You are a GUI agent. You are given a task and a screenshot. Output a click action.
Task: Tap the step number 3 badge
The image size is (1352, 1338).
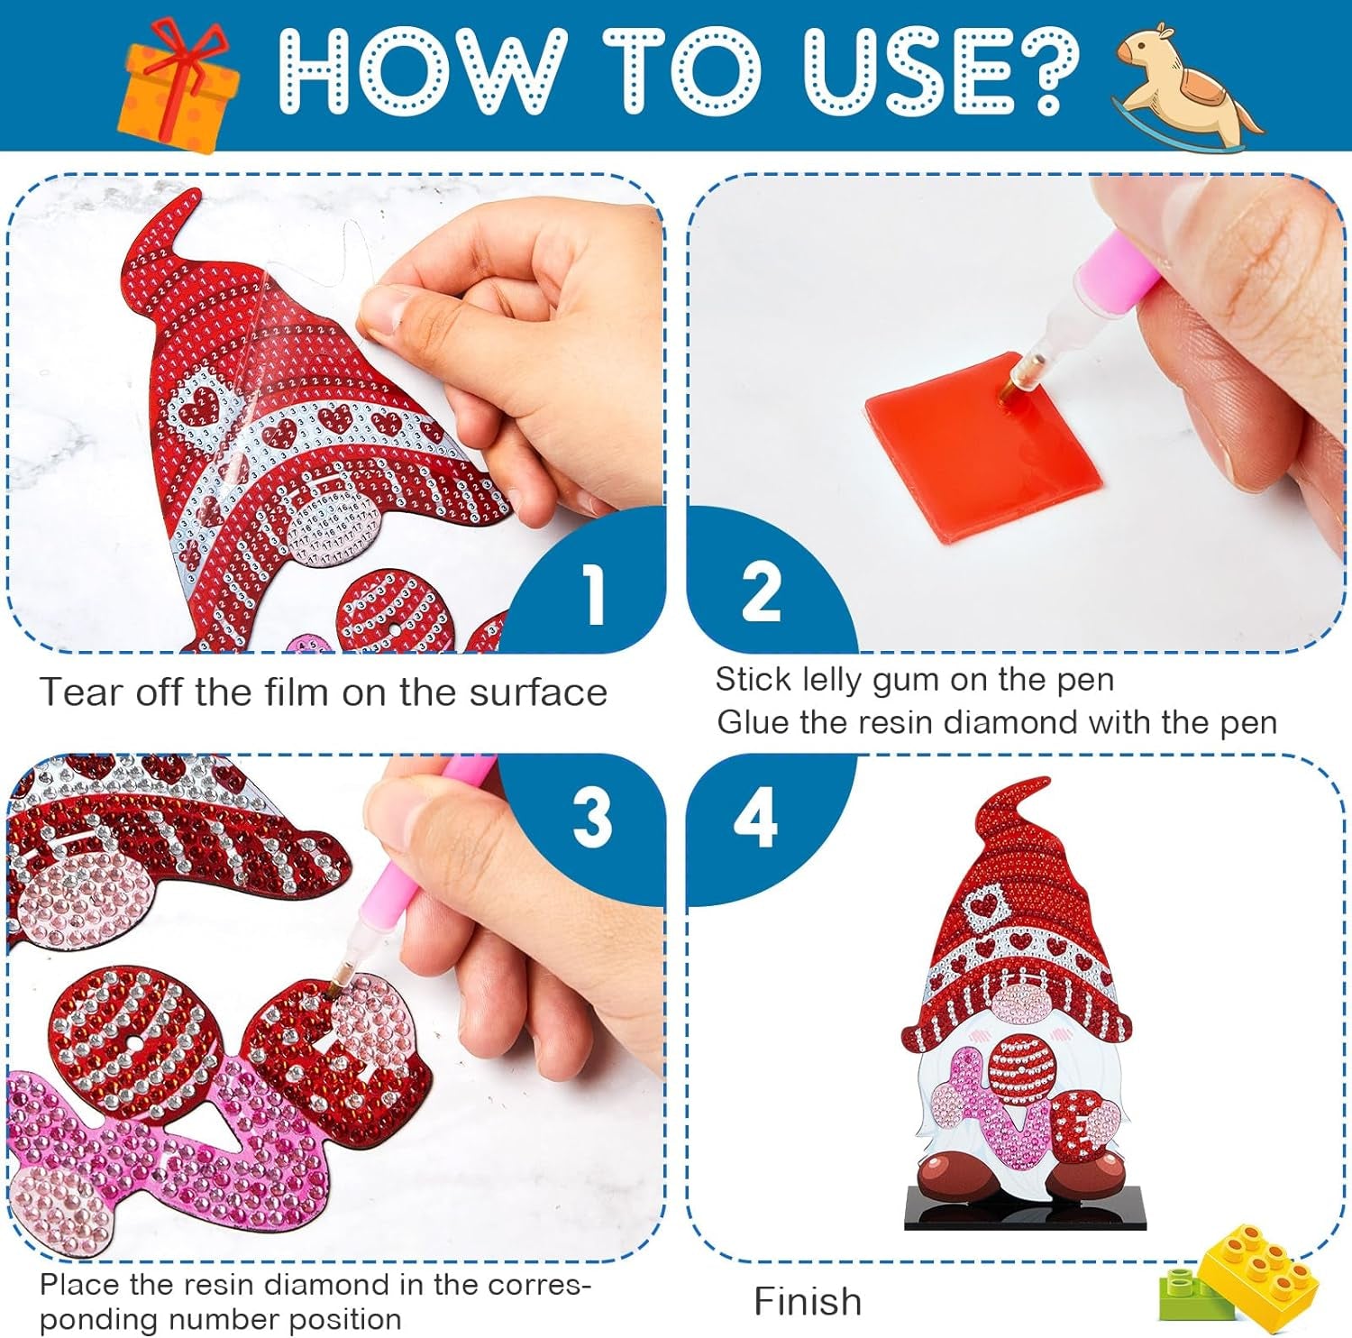point(592,817)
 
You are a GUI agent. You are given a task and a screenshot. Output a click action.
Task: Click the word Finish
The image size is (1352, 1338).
point(808,1301)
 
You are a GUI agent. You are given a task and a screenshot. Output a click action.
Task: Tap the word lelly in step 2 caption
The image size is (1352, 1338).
point(831,681)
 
